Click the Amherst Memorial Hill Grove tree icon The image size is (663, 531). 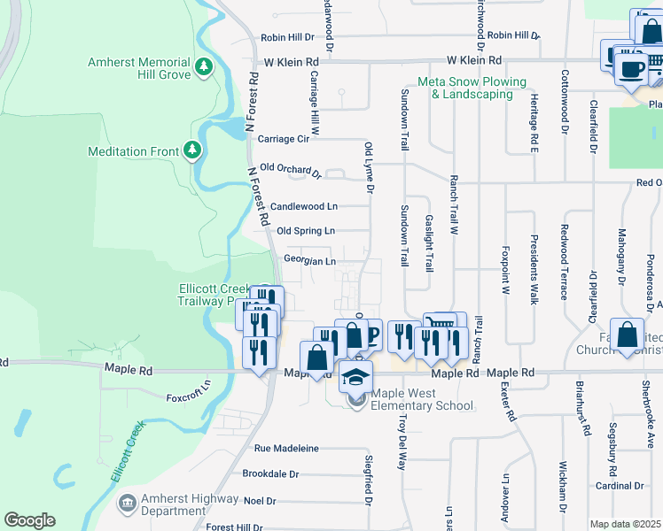pos(205,66)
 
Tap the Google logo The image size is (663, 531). pos(28,520)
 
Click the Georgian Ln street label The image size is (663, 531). pos(309,261)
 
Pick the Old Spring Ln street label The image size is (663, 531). pos(306,231)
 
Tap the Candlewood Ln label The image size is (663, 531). pos(304,205)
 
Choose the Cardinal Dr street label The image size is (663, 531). pos(620,485)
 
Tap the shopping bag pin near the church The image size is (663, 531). pos(627,335)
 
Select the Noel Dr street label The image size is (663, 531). pos(260,500)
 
